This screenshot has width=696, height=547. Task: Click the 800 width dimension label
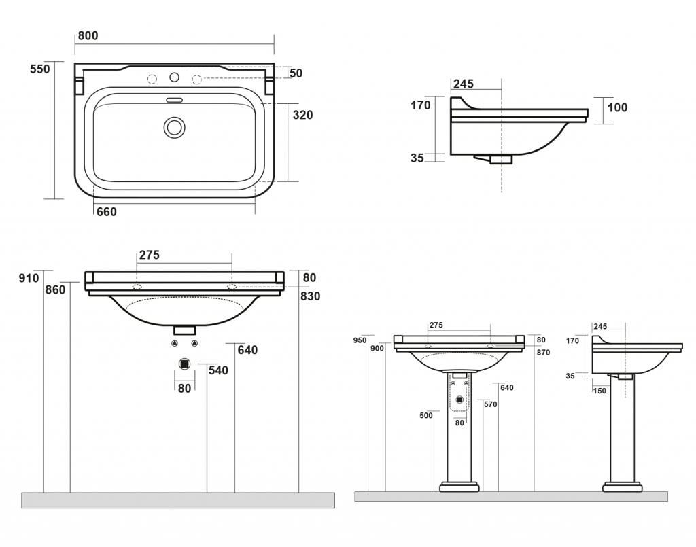pos(88,36)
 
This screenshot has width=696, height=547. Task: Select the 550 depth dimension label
pos(40,69)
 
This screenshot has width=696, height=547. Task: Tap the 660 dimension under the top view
pos(107,212)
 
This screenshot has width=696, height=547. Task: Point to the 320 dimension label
pos(302,115)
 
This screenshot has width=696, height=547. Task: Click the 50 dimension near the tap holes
pos(296,73)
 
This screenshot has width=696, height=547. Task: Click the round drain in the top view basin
pos(175,127)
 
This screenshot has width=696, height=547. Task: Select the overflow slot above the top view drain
pos(175,100)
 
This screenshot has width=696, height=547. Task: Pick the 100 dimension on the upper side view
pos(618,107)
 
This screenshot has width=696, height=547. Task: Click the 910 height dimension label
pos(29,278)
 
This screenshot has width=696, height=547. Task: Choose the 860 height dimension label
pos(56,290)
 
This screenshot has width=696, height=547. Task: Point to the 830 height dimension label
pos(311,296)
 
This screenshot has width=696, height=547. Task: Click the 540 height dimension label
pos(218,370)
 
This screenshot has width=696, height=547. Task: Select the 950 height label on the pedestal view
pos(360,340)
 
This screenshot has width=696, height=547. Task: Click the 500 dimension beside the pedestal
pos(426,416)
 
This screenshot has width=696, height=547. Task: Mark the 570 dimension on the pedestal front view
pos(490,404)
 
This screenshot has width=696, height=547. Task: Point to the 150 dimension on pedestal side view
pos(599,391)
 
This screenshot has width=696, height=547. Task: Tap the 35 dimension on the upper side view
pos(417,158)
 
